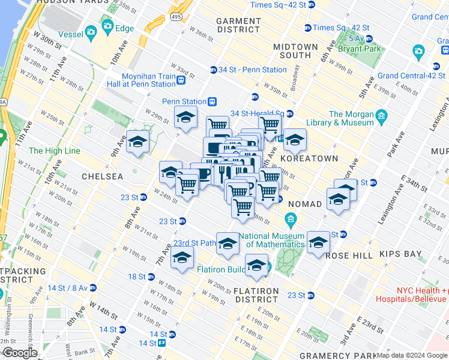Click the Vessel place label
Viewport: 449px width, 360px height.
click(70, 34)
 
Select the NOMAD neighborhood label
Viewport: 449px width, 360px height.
click(305, 204)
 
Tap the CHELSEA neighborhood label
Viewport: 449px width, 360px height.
click(102, 177)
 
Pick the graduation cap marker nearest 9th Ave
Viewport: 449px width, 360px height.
click(138, 142)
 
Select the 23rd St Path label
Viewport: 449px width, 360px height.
click(194, 243)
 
